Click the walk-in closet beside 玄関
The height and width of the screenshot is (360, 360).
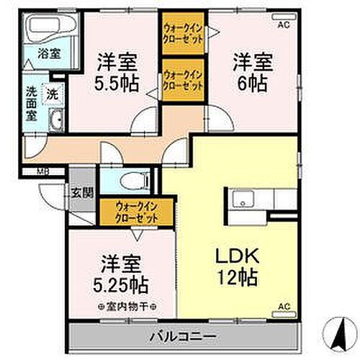[x=136, y=211]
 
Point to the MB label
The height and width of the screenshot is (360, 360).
[x=45, y=171]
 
